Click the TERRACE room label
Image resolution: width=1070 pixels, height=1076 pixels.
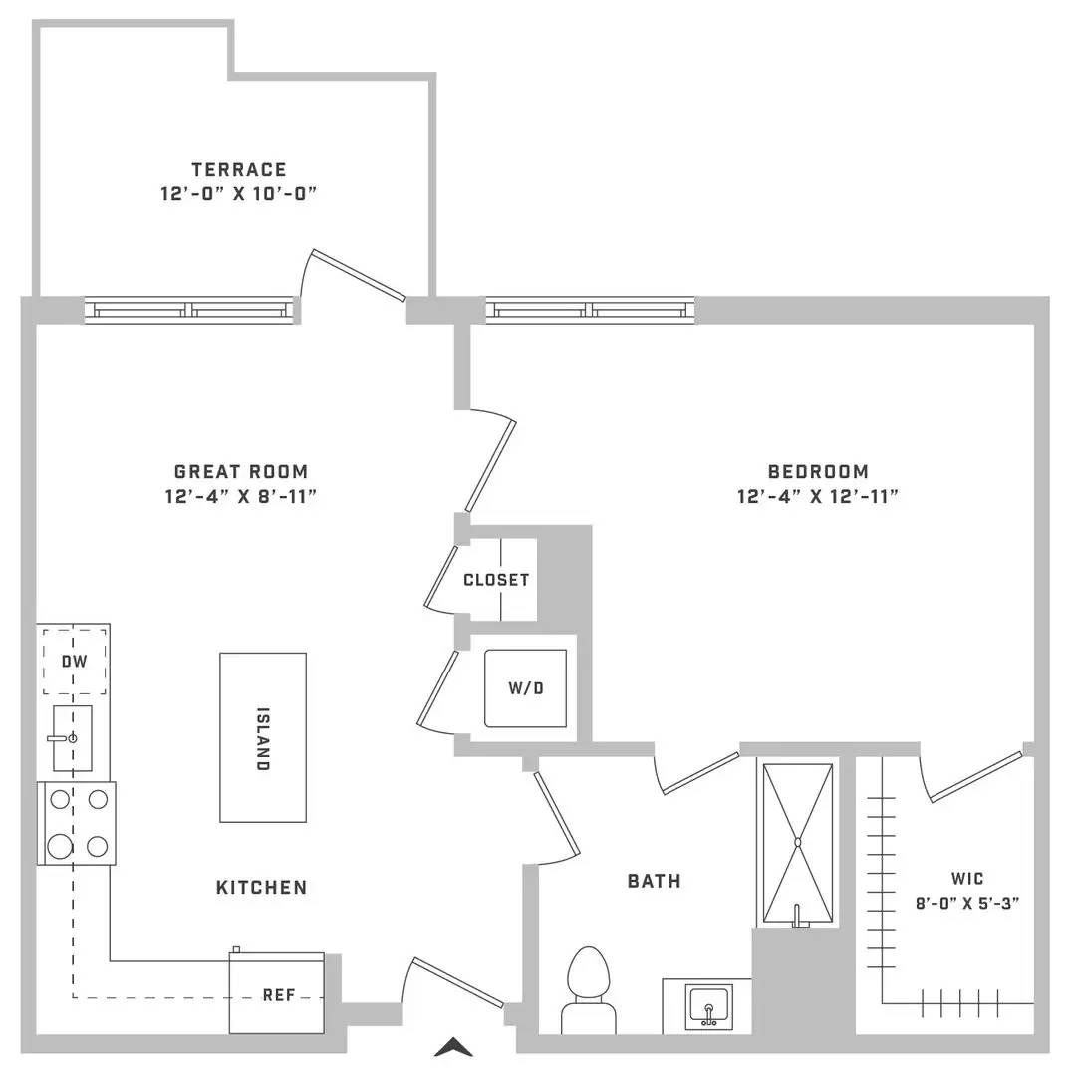coord(238,169)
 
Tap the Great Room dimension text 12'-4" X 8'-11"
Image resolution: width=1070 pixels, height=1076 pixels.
coord(241,496)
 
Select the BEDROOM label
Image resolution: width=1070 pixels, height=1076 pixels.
coord(818,472)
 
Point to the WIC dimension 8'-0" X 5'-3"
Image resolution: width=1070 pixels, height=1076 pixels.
coord(967,903)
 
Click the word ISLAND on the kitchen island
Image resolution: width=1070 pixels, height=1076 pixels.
coord(262,739)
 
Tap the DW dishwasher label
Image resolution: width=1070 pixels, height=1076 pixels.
coord(74,661)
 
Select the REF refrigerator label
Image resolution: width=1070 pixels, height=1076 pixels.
coord(279,995)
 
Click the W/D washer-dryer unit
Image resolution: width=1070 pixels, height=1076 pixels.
coord(526,688)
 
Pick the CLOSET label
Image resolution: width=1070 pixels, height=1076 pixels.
coord(496,580)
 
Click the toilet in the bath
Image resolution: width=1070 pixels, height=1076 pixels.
coord(589,990)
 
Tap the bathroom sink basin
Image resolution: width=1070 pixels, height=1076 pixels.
coord(709,1007)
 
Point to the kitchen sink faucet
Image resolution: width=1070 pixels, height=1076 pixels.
coord(63,738)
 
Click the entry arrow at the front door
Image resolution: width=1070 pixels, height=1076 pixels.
coord(453,1047)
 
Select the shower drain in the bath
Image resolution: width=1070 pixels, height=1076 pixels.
coord(798,842)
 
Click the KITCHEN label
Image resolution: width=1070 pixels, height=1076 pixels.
coord(261,888)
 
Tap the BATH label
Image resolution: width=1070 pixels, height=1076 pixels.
coord(655,881)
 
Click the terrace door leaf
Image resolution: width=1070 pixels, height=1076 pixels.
coord(359,275)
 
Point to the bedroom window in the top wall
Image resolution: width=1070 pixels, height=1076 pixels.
coord(590,310)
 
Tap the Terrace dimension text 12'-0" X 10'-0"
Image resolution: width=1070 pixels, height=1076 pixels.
coord(239,193)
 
